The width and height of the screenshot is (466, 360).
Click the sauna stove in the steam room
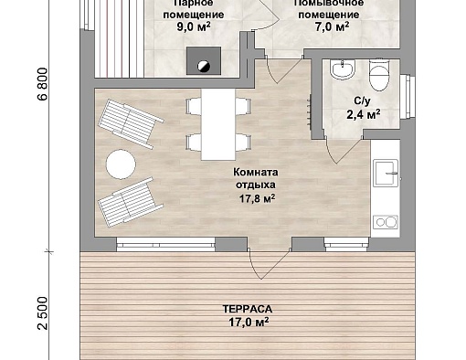pos(204,60)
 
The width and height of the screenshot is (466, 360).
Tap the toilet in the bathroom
pos(379,75)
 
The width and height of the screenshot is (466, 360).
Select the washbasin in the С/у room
pos(344,69)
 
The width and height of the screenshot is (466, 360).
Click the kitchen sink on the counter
pos(386,173)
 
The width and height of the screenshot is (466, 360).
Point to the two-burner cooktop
pos(386,222)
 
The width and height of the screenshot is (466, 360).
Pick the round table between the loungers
pos(121,164)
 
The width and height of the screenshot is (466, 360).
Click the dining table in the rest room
pos(218,124)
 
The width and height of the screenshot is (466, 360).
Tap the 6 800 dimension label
pos(43,84)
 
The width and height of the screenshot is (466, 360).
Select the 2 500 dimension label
pos(43,313)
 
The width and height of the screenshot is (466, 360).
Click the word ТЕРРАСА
pos(248,309)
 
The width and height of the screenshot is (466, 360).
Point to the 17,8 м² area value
pos(258,198)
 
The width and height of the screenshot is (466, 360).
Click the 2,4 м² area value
pos(364,115)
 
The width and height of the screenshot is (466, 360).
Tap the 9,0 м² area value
pos(194,26)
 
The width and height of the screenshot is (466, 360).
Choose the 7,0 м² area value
pos(332,26)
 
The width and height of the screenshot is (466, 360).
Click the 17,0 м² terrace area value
pos(249,322)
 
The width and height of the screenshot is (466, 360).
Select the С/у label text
pos(363,101)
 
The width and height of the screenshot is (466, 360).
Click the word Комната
pos(256,172)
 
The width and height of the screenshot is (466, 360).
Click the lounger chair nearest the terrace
pos(131,202)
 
